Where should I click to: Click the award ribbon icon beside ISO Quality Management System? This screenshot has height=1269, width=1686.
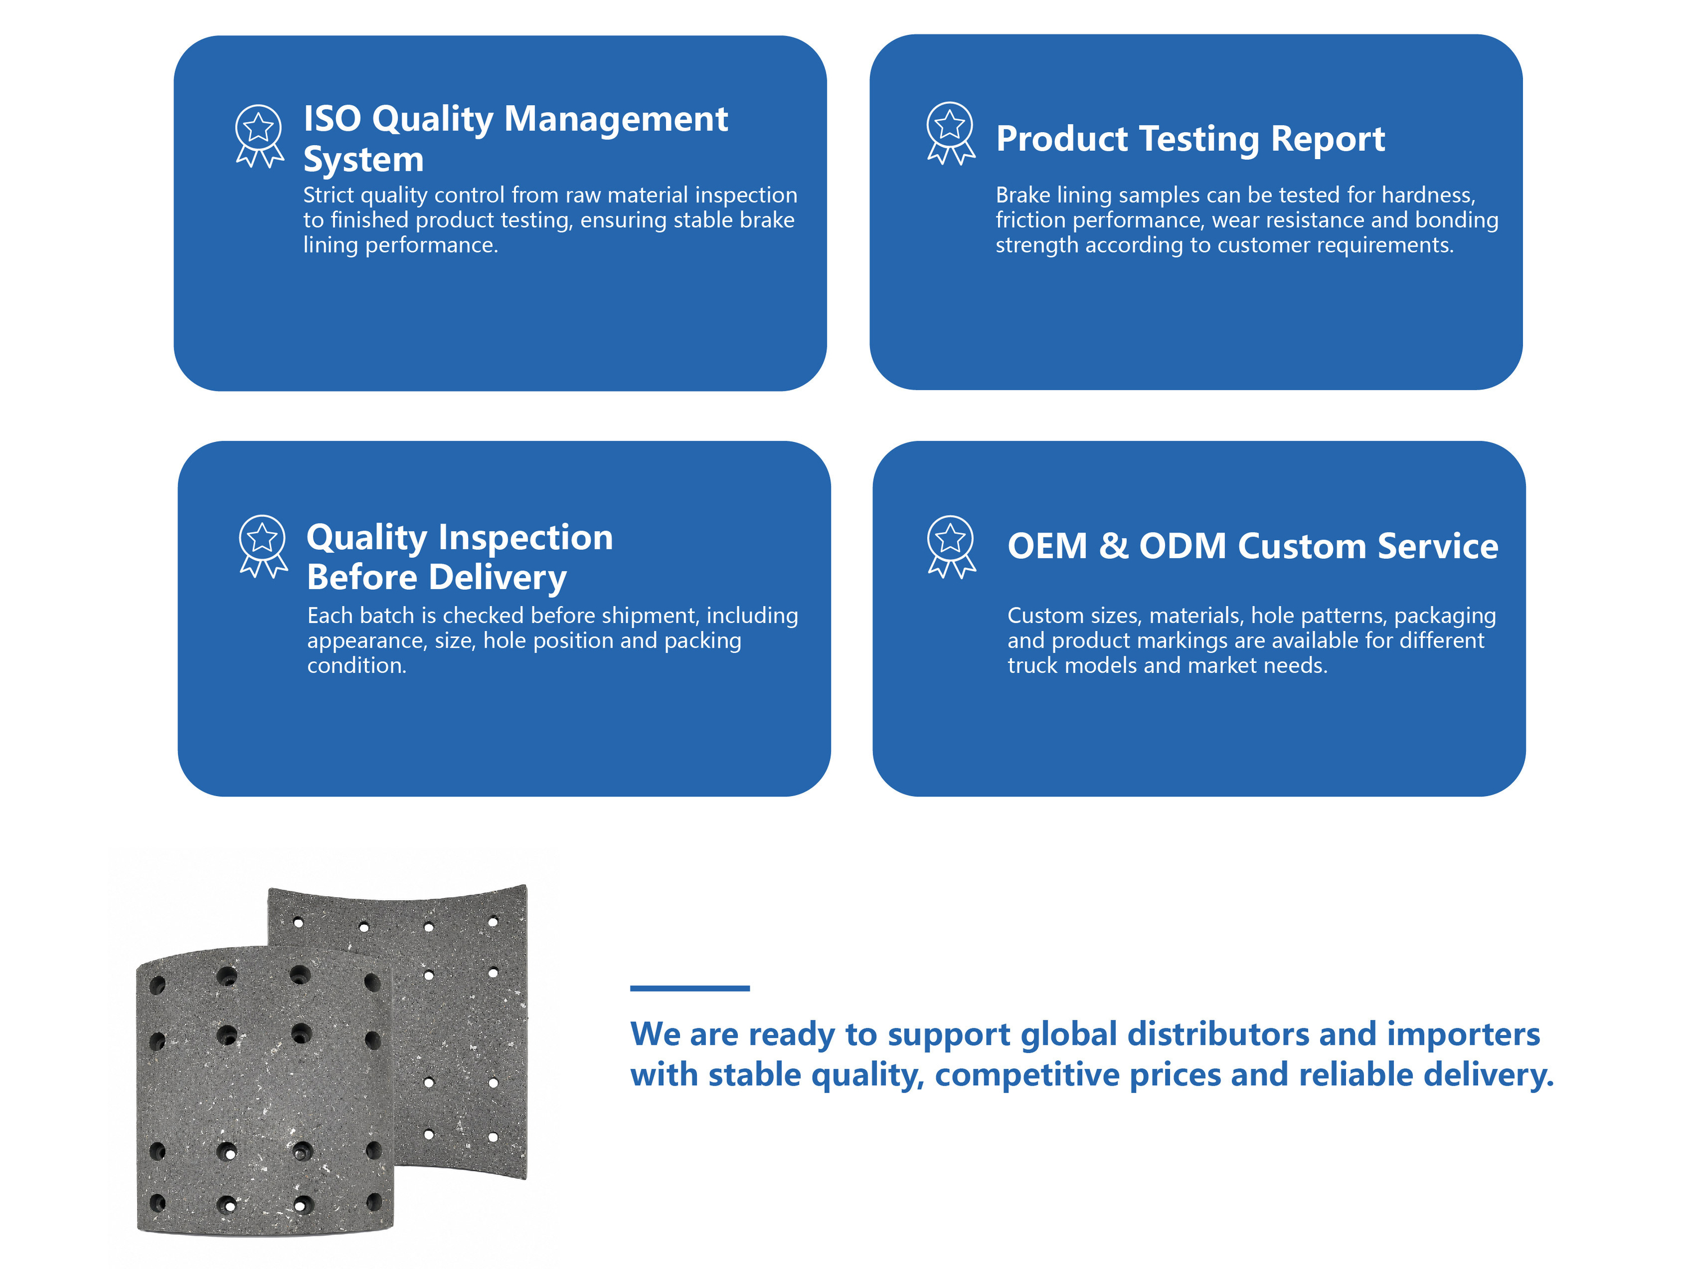click(x=259, y=137)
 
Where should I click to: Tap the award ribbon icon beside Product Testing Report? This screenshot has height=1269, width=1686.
click(x=950, y=133)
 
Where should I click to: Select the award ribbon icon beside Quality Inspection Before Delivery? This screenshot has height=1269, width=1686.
click(x=263, y=547)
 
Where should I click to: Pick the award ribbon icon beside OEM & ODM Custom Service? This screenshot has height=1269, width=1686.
click(x=951, y=547)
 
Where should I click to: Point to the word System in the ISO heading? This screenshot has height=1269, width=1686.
click(x=364, y=160)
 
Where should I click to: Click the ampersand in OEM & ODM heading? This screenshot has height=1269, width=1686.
click(x=1113, y=546)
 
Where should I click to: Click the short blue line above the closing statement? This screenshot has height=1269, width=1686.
click(x=690, y=988)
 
